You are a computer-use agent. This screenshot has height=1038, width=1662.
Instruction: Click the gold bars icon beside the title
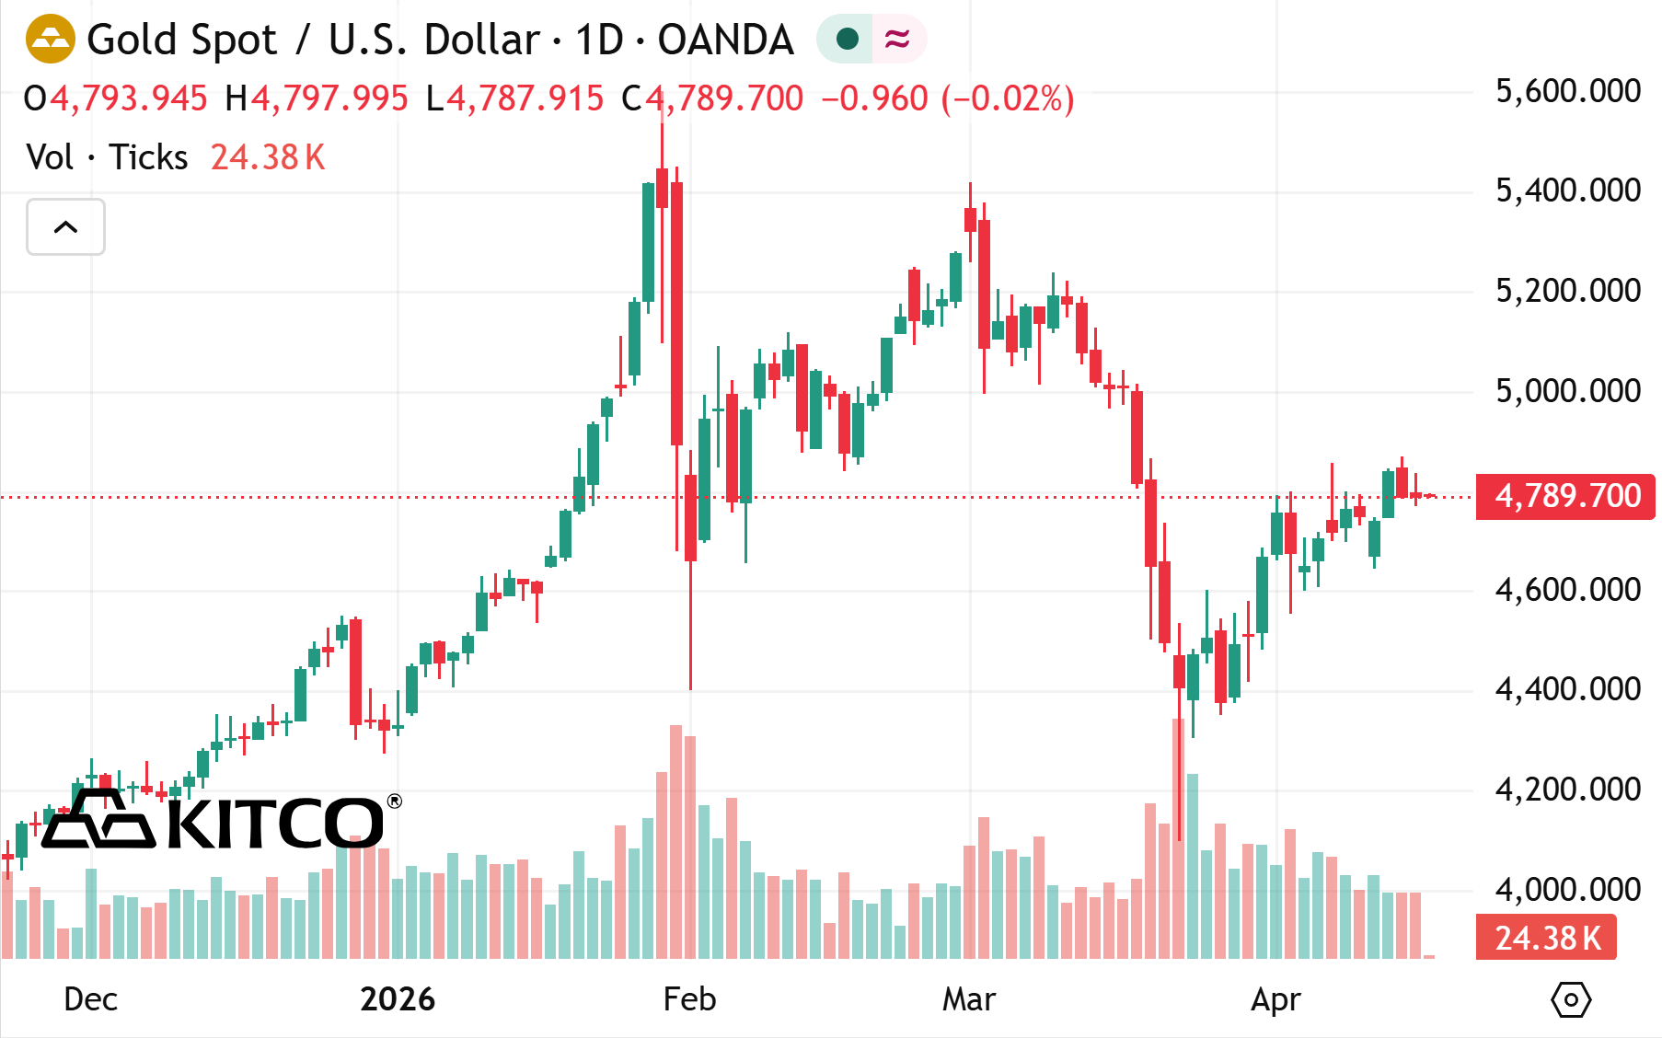click(x=50, y=40)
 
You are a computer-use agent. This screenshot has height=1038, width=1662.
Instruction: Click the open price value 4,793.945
click(x=129, y=98)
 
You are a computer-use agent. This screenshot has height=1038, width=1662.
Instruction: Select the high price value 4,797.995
click(x=329, y=98)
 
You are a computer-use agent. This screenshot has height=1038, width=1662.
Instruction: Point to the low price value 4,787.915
click(x=525, y=98)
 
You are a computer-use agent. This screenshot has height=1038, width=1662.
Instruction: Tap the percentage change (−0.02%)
click(x=1008, y=98)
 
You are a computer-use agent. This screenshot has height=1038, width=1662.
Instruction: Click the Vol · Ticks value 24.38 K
click(x=268, y=157)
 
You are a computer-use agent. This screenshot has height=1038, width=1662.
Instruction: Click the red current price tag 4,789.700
click(x=1565, y=496)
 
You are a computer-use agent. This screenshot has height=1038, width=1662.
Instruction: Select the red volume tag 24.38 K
click(x=1546, y=938)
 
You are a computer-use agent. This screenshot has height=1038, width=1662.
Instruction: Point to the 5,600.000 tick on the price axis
click(x=1567, y=91)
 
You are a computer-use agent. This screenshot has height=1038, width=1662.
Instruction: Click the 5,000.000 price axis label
click(x=1567, y=390)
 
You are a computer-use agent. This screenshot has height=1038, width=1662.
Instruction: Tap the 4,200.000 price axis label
click(x=1567, y=789)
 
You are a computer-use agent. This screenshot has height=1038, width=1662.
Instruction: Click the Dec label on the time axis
click(x=90, y=999)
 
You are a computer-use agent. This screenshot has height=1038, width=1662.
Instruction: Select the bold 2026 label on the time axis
click(x=398, y=999)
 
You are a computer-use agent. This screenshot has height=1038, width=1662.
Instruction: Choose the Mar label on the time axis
click(x=968, y=999)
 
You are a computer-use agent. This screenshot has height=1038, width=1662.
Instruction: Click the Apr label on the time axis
click(x=1275, y=999)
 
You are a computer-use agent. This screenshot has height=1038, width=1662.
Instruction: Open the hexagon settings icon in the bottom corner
click(x=1571, y=999)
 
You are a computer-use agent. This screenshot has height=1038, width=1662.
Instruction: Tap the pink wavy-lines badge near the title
click(x=897, y=39)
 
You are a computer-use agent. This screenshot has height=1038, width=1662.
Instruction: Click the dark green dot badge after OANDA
click(x=847, y=39)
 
